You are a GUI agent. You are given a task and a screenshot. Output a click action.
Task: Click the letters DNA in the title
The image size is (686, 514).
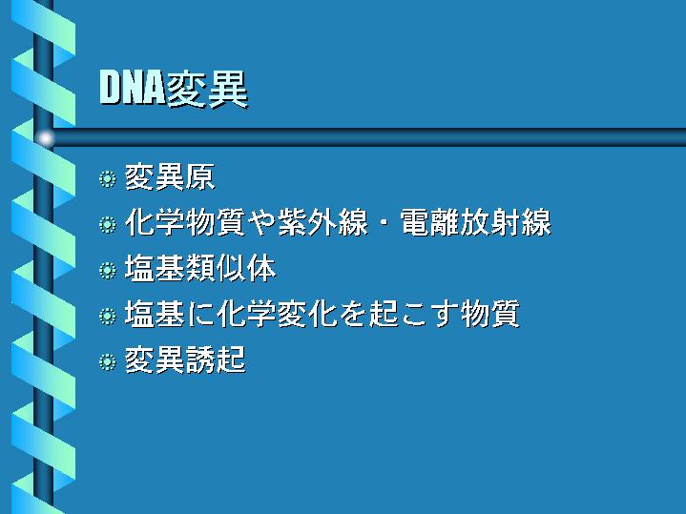(x=132, y=88)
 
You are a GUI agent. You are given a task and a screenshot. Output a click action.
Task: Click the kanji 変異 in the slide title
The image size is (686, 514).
(x=206, y=90)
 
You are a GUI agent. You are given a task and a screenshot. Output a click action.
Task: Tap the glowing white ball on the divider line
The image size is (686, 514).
(x=45, y=138)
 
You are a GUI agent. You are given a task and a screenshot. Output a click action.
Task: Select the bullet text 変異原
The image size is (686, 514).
(x=170, y=177)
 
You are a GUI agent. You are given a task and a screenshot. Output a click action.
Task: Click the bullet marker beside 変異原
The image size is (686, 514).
(x=107, y=179)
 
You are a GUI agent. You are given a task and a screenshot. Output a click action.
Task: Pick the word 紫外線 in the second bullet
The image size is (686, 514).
(x=322, y=222)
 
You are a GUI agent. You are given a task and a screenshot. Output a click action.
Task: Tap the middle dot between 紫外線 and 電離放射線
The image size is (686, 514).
(x=384, y=223)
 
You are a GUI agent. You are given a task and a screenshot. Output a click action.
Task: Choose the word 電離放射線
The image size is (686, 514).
(x=475, y=222)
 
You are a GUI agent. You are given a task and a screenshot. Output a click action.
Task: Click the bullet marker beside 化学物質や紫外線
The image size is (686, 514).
(x=107, y=224)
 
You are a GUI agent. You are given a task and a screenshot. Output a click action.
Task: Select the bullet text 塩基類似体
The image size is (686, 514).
(x=200, y=268)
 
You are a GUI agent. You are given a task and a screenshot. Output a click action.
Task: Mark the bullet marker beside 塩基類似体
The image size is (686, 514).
(x=107, y=270)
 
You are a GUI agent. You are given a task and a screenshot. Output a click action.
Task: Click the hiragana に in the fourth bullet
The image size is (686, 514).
(x=200, y=314)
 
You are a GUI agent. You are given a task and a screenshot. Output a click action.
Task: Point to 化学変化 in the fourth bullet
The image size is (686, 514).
(x=277, y=314)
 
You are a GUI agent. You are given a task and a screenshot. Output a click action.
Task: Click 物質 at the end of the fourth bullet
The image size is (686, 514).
(x=490, y=314)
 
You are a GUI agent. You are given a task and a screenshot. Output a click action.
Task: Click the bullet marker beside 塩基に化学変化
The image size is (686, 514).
(x=107, y=316)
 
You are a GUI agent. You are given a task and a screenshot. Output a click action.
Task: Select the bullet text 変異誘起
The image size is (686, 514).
(x=185, y=360)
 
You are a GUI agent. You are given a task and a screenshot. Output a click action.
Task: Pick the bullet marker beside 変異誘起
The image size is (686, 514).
(x=107, y=361)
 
